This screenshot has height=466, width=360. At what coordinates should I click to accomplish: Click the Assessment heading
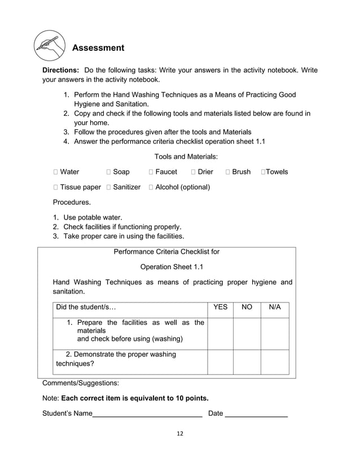coord(98,48)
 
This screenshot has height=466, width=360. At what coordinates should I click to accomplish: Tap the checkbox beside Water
coord(55,172)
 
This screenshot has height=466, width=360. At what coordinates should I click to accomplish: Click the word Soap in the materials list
coord(121,172)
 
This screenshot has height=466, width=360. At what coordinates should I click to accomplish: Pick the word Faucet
coord(166,172)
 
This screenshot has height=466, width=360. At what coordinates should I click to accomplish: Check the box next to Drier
coord(194,172)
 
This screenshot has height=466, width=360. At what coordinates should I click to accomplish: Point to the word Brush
coord(241,172)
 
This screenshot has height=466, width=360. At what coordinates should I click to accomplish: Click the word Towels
coord(276,172)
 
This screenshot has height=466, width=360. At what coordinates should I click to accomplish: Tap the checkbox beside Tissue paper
coord(55,187)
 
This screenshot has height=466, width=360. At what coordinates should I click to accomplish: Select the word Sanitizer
coord(126,187)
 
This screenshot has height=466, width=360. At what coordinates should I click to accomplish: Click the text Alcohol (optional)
coord(182,187)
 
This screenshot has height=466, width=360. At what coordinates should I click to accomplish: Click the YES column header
coord(220,307)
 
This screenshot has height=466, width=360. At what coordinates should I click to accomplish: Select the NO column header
coord(247,307)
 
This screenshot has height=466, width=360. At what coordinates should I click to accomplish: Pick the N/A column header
coord(275,307)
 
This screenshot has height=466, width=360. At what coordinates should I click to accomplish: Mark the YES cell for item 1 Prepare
coord(220,333)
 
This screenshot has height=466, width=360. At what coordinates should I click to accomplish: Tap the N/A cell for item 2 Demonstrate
coord(275,362)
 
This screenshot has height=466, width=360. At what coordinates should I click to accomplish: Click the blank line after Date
coord(256,415)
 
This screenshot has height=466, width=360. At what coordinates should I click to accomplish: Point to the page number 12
coord(179,434)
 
